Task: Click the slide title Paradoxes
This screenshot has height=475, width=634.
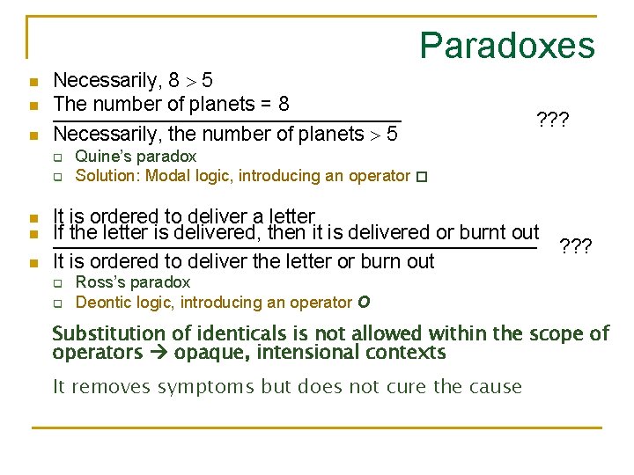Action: tap(506, 46)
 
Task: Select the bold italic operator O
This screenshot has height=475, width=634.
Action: tap(364, 303)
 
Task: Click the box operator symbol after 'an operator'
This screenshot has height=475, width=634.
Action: tap(421, 177)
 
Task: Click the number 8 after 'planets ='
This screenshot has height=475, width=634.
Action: tap(284, 104)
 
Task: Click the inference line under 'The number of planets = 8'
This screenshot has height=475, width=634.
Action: tap(227, 119)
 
